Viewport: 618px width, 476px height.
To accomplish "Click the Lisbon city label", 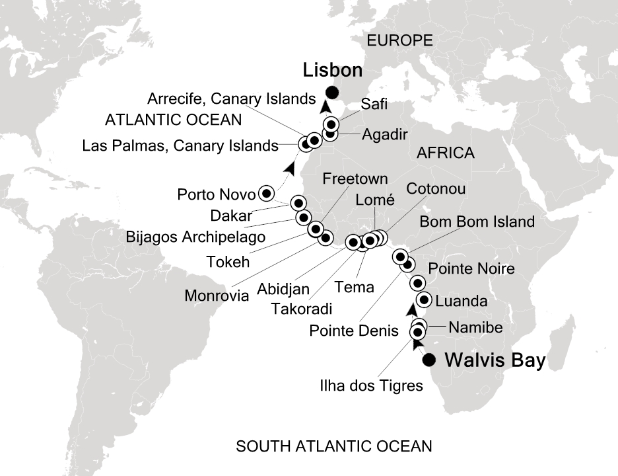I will coord(333,70).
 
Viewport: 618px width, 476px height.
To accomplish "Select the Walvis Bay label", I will coord(495,361).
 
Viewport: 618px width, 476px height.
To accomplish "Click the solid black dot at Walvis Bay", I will coord(429,360).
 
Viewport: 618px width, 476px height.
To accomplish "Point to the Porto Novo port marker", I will coord(266,193).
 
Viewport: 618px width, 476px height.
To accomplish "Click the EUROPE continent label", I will coord(399,41).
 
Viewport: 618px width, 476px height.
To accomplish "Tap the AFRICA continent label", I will coord(445,153).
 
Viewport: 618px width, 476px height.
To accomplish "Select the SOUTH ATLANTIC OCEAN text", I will coord(334,447).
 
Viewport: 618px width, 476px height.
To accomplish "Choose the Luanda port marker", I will coord(424,299).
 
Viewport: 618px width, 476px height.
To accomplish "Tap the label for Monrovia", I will coord(217,296).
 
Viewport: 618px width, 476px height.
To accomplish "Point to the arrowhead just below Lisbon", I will coord(325,107).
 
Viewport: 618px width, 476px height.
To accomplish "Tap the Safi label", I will coord(375,104).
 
